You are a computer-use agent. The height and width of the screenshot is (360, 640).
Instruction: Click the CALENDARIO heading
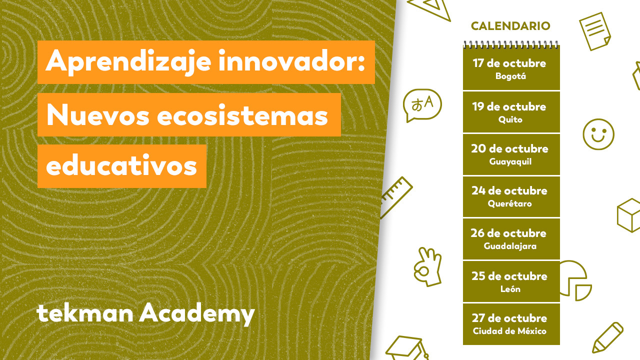click(x=510, y=26)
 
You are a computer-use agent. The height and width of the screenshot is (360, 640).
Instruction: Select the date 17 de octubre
click(x=509, y=63)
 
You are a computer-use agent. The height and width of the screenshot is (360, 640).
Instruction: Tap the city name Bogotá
click(x=510, y=76)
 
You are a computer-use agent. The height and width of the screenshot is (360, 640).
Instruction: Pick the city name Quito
click(x=510, y=119)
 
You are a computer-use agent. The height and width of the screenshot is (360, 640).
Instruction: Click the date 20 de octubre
click(x=509, y=148)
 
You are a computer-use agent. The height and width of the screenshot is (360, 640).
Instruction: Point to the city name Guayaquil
click(x=510, y=161)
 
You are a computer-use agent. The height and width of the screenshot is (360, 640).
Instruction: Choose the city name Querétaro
click(x=509, y=203)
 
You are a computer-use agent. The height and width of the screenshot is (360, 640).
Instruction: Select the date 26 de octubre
click(x=508, y=233)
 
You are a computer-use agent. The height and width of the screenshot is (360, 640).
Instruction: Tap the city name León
click(x=510, y=289)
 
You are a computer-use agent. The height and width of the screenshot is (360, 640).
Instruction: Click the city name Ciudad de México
click(x=509, y=331)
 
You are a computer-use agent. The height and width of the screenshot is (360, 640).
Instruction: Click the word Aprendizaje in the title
click(x=128, y=61)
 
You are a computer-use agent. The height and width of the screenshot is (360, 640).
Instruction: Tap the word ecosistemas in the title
click(x=242, y=115)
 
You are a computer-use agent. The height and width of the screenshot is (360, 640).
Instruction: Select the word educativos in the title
click(x=121, y=165)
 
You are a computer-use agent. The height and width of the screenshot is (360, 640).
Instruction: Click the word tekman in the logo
click(x=85, y=313)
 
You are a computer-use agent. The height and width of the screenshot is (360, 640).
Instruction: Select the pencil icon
click(x=608, y=337)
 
